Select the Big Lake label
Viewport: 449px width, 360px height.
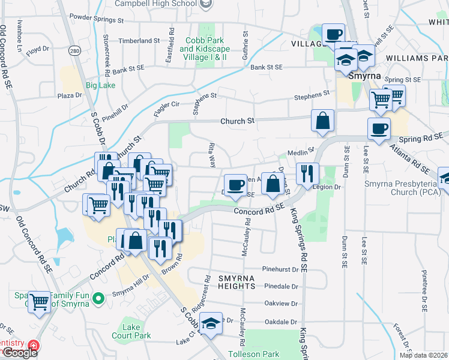(x=100, y=86)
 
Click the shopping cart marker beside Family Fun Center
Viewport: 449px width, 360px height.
(x=40, y=302)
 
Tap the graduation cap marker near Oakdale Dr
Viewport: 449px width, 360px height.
(x=211, y=323)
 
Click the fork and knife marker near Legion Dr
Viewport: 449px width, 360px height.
(x=307, y=174)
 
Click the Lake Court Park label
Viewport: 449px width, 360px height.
(x=136, y=331)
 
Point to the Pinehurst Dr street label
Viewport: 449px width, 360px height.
(x=280, y=269)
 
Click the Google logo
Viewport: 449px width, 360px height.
(x=20, y=353)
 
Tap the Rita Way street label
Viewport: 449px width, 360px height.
(x=211, y=154)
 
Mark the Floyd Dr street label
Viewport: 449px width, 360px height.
(x=37, y=48)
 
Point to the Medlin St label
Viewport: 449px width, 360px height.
(x=301, y=152)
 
